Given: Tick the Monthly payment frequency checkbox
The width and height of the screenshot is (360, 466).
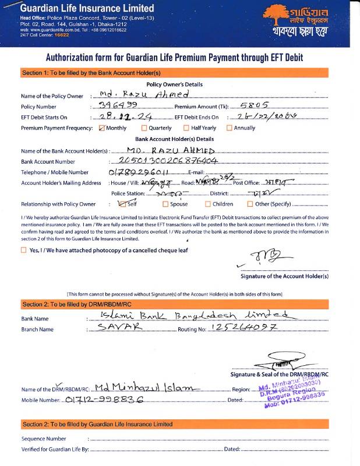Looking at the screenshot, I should point(102,128).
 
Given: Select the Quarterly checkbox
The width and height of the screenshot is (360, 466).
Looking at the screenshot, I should point(144,128).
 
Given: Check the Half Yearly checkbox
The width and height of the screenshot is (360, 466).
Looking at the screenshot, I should point(186,128).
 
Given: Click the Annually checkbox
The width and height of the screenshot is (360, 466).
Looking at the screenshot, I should point(229,128).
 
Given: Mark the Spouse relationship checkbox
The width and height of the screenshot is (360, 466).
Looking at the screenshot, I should point(165,204).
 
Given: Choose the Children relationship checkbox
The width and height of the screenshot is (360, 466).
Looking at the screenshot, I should point(208,204).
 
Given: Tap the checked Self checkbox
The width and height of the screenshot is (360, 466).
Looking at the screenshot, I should point(122,204).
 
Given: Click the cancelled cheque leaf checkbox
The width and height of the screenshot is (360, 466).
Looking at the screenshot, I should point(23,250).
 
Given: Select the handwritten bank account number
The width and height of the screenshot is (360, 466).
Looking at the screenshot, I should point(167,160).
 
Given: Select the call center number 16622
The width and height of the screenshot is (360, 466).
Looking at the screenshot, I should point(61,36).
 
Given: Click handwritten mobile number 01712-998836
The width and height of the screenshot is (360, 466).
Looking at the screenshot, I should point(104,401).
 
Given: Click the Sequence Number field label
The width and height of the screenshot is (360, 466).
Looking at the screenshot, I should point(44,438).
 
